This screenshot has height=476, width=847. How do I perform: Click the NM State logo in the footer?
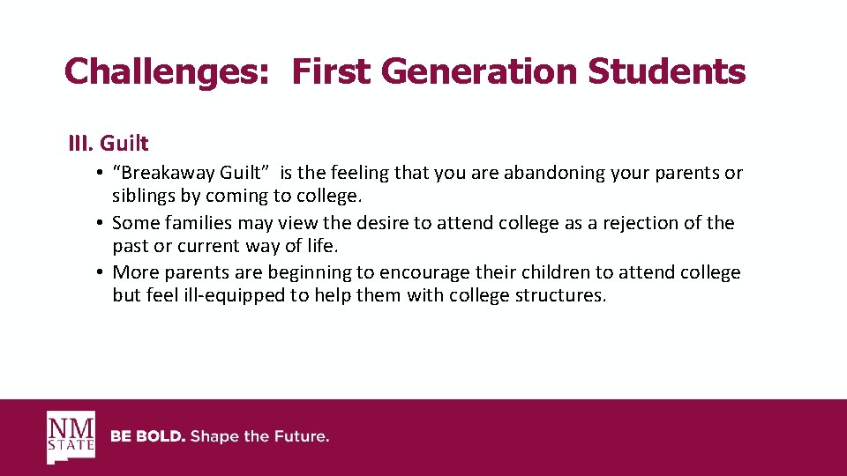pyautogui.click(x=71, y=437)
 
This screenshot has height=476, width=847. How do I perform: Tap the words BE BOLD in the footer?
pyautogui.click(x=146, y=437)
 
